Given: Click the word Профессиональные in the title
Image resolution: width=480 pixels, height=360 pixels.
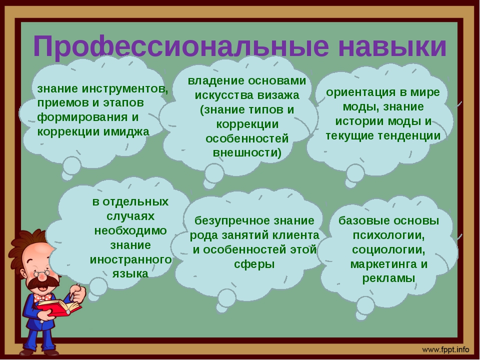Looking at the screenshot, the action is click(181, 46).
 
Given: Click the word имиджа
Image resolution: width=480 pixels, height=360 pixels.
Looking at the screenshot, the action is click(126, 132).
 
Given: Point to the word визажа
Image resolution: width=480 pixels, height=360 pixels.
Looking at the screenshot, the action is click(278, 95).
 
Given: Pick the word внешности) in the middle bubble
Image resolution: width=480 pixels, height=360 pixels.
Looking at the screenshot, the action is click(247, 152).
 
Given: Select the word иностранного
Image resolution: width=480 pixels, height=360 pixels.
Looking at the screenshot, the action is click(130, 259).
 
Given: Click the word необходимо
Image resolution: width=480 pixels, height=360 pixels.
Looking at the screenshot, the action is click(130, 230).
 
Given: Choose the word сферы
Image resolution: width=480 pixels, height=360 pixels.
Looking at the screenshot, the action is click(254, 264).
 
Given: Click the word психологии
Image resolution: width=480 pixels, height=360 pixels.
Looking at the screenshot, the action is click(389, 235).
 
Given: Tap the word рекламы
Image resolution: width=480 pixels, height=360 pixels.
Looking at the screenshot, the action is click(389, 278).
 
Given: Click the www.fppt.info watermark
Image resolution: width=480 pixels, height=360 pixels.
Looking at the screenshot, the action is click(445, 349).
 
